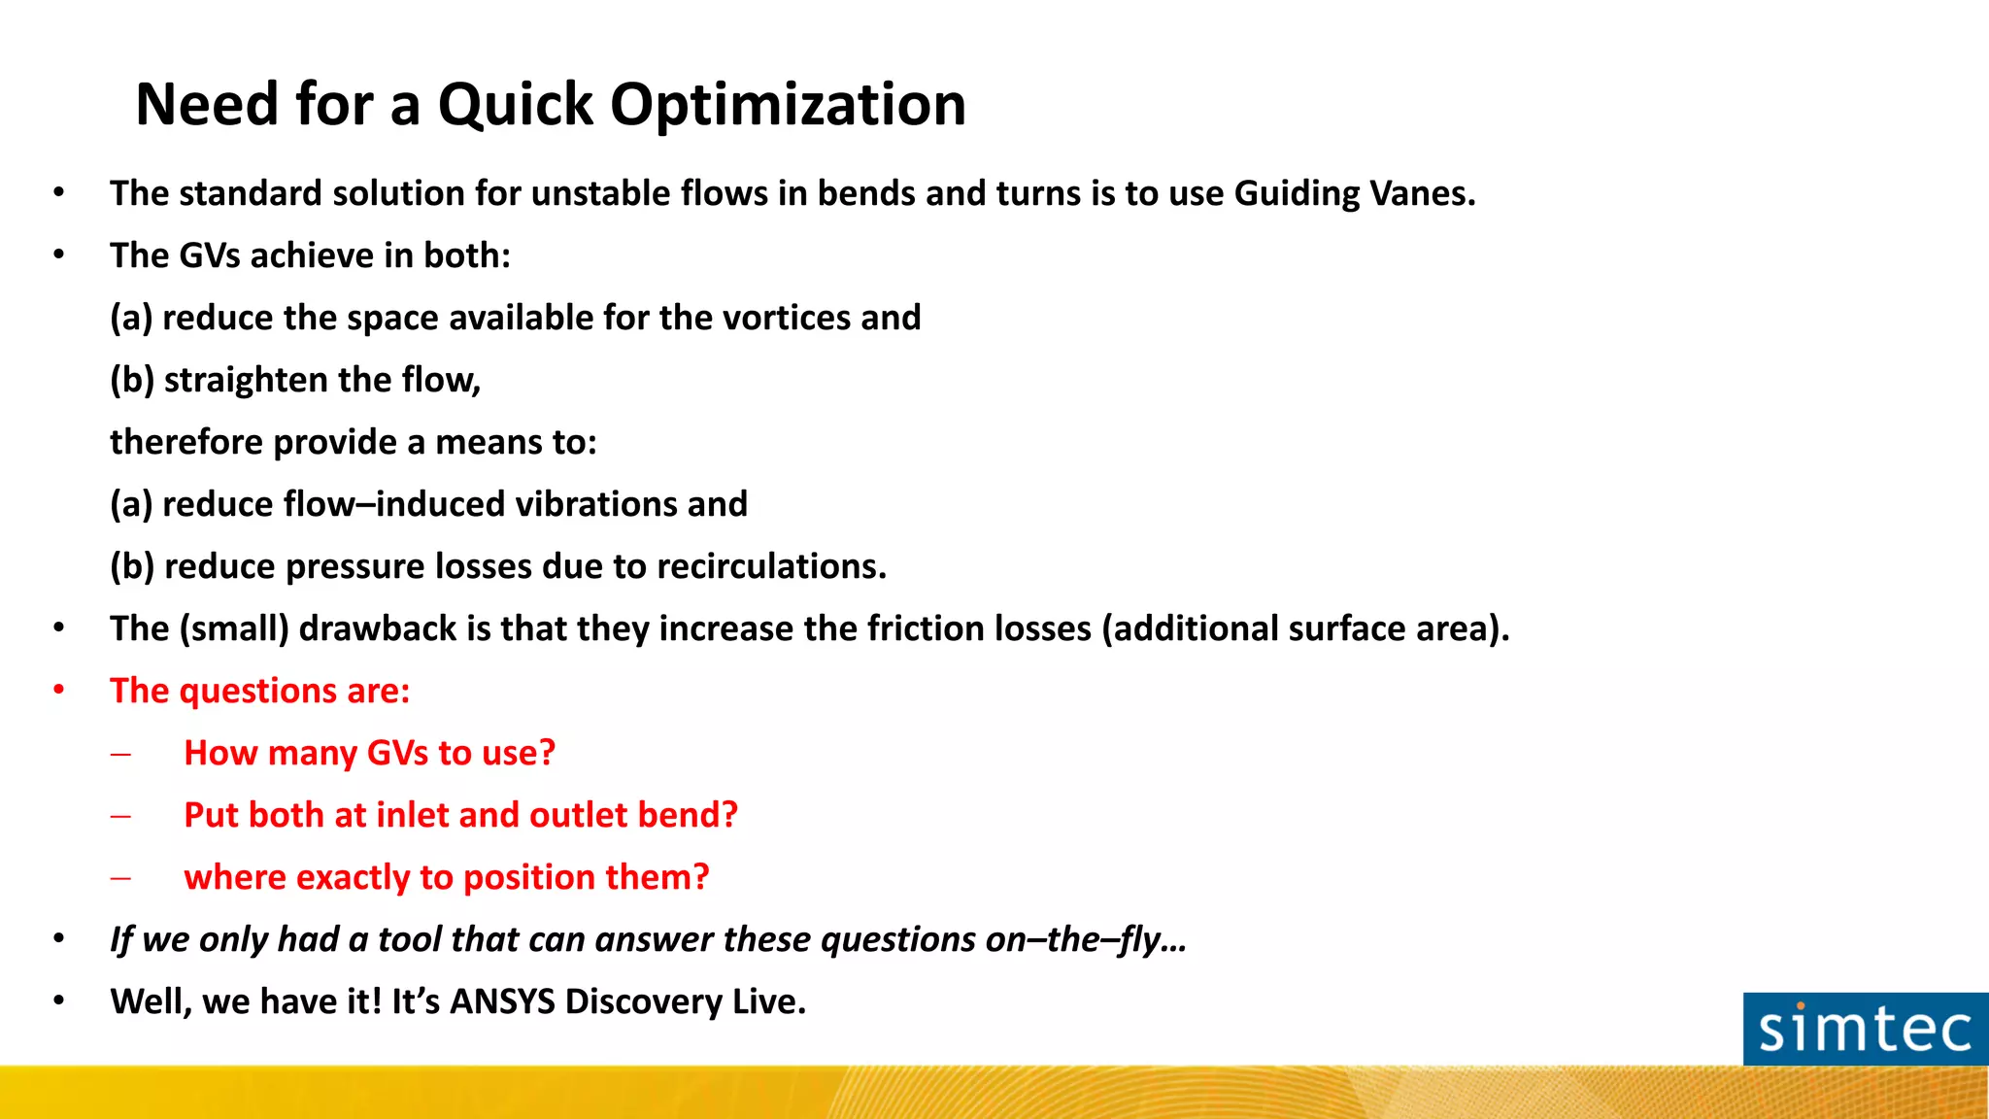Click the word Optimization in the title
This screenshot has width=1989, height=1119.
click(788, 105)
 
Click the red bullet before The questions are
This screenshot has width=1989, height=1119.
click(59, 691)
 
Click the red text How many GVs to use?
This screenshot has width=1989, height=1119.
click(369, 753)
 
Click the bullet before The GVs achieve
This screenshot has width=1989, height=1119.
click(59, 255)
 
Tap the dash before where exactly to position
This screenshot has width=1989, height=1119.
click(120, 878)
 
